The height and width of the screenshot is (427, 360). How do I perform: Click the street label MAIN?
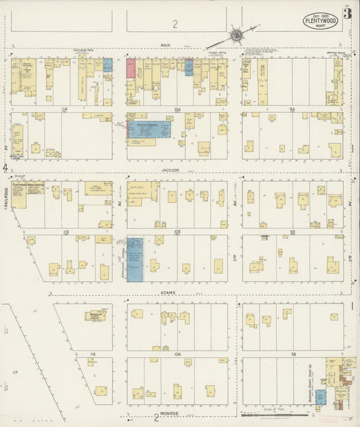(x=164, y=45)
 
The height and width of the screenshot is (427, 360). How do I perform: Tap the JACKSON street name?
(x=170, y=171)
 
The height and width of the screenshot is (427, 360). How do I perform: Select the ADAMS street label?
(x=168, y=293)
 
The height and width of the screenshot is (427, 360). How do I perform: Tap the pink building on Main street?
(x=131, y=69)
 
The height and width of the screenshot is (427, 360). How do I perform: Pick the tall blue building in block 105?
(x=135, y=259)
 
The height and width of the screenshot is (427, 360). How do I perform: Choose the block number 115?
(x=66, y=232)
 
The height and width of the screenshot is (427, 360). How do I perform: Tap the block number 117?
(x=16, y=372)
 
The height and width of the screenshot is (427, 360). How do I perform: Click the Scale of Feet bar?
(x=270, y=415)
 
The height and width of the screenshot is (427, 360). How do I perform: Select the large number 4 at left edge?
(x=5, y=166)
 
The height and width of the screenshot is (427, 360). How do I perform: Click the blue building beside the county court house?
(x=320, y=397)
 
